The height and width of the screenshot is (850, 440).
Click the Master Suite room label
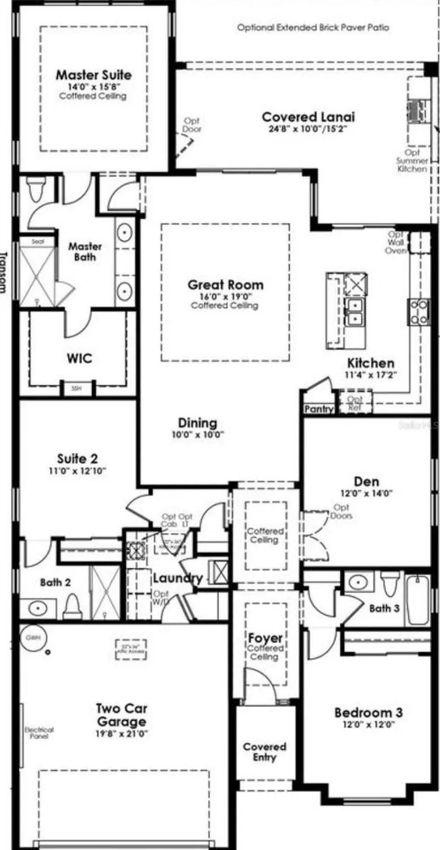(93, 75)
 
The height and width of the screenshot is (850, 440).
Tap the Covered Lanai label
(308, 117)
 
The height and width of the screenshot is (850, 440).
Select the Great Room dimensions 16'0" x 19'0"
(225, 296)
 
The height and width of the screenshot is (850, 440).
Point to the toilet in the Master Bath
(37, 189)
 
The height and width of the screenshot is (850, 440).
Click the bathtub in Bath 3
(418, 600)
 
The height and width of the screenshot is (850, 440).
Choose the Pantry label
(319, 409)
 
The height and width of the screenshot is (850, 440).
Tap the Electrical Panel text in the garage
(39, 733)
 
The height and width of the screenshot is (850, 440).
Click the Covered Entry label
(264, 752)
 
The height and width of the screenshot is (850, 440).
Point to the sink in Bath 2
(37, 609)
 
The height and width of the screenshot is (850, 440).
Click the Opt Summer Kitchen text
(412, 160)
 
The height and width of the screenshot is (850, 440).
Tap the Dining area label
(198, 423)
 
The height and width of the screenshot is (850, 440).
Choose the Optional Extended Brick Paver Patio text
(313, 27)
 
